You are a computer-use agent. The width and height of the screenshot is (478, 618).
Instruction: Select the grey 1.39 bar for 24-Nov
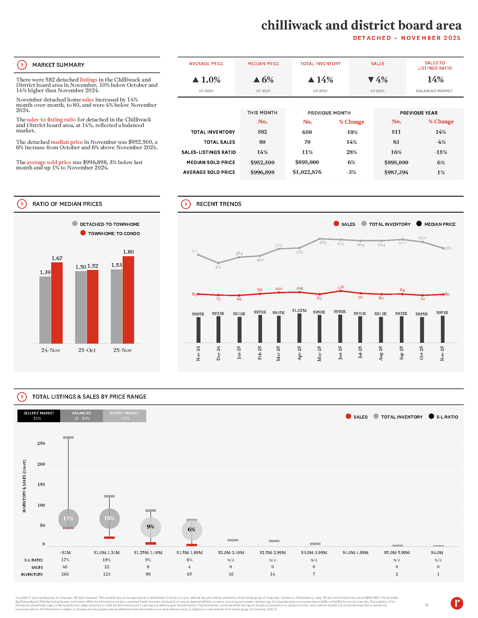[45, 310]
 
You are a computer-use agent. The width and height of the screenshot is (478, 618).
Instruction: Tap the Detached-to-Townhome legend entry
[110, 224]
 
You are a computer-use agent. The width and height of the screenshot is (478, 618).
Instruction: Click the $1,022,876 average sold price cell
[307, 172]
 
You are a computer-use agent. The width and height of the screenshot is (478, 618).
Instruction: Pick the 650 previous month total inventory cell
[307, 132]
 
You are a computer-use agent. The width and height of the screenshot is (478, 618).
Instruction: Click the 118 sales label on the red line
[341, 287]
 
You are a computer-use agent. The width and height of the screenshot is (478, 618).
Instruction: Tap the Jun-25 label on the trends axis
[340, 353]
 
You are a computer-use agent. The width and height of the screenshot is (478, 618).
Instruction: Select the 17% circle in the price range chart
[68, 519]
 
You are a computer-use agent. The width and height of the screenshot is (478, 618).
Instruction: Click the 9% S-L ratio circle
[150, 527]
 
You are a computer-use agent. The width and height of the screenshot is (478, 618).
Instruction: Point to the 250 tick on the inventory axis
[41, 443]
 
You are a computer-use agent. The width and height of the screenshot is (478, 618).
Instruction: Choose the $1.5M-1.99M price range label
[190, 552]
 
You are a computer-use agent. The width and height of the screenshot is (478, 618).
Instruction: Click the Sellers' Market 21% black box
[39, 416]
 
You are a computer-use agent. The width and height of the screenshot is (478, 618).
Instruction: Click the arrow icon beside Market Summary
[22, 65]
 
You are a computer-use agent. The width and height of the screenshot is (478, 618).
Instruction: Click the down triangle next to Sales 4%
[371, 80]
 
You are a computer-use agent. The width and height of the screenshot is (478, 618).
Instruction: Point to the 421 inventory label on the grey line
[218, 267]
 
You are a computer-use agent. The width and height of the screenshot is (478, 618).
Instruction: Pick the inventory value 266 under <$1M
[65, 574]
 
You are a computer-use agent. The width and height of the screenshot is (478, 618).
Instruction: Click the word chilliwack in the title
[292, 25]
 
